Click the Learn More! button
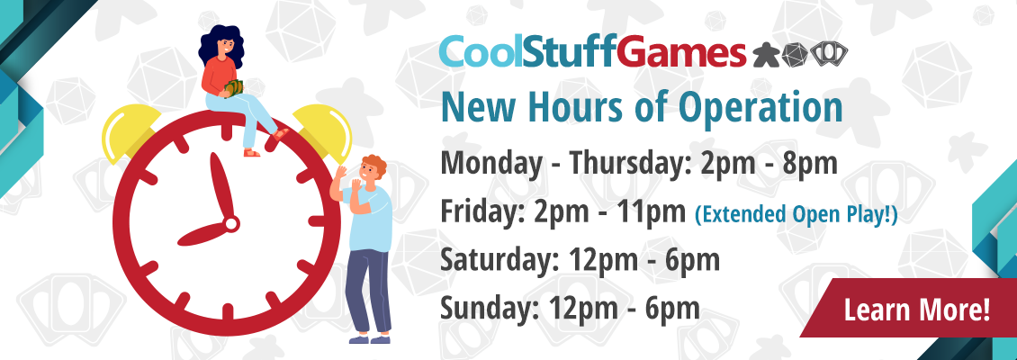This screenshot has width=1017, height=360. point(916,309)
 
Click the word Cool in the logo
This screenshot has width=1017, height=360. point(481,52)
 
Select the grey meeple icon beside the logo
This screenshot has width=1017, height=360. point(766,55)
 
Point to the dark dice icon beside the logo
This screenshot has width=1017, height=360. point(795,55)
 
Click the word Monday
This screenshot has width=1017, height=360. point(490,164)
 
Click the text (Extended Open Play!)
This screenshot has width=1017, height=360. point(796,214)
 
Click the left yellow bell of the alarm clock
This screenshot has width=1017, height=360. point(130,131)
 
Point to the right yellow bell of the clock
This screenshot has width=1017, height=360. point(323,131)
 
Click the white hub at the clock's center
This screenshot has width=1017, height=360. point(231,224)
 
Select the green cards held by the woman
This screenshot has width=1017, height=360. point(234,87)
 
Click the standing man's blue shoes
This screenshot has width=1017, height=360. point(370,338)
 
